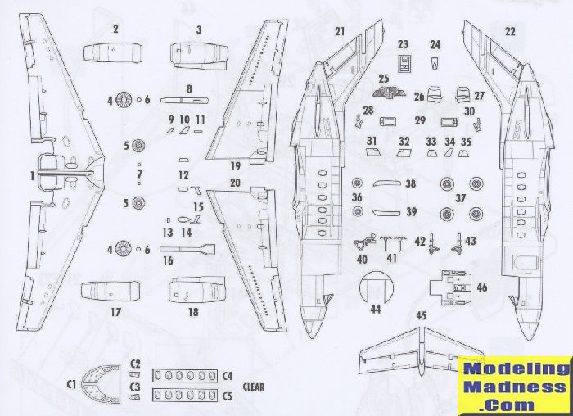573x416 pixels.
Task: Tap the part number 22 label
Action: [511, 31]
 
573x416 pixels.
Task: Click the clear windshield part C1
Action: [102, 383]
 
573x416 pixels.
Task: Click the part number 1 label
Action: [32, 174]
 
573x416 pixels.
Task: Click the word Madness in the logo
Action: [516, 387]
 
